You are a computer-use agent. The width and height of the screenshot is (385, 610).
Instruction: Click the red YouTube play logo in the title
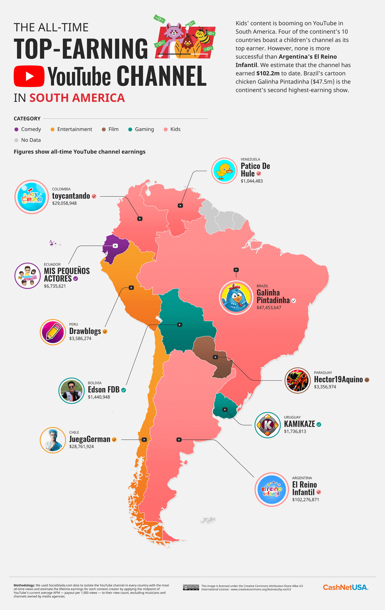(29, 76)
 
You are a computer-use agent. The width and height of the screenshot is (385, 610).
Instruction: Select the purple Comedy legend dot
(16, 129)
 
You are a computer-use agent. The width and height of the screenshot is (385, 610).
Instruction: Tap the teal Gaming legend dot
(130, 129)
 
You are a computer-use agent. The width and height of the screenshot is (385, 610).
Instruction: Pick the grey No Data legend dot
(16, 140)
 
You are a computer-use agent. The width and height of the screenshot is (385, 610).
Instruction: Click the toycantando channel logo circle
(31, 196)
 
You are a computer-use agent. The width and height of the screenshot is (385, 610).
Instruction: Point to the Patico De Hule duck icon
(224, 170)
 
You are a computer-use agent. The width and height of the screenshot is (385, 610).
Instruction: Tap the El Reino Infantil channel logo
(272, 489)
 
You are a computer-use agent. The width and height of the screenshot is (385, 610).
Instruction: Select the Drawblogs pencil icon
(53, 332)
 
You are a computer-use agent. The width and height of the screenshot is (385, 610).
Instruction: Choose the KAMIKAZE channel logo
(268, 425)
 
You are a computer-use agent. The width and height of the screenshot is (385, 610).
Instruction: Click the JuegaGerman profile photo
(53, 440)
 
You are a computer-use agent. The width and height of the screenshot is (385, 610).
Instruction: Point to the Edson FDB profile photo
(71, 391)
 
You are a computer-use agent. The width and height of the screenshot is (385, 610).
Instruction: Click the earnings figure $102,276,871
(305, 499)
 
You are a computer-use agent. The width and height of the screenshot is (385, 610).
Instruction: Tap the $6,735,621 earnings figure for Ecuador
(55, 286)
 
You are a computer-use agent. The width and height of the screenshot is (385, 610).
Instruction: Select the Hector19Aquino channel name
(338, 380)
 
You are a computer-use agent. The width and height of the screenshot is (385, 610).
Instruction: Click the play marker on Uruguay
(225, 409)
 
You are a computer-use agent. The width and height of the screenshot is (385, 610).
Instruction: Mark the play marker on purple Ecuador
(115, 246)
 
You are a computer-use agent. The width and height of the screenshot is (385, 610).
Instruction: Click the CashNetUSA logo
(345, 587)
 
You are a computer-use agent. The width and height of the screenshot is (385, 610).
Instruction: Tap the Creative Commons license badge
(191, 587)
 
